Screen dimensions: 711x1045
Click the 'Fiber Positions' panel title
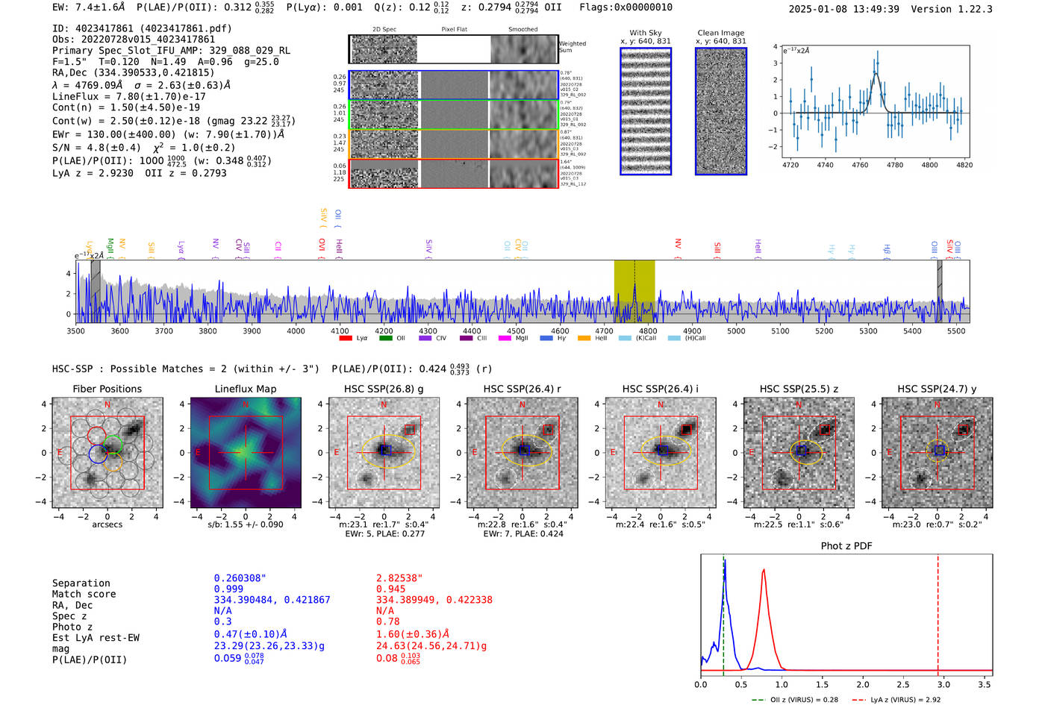click(x=107, y=389)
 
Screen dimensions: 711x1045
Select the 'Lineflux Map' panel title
click(x=245, y=389)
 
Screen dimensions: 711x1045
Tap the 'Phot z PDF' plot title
click(x=846, y=546)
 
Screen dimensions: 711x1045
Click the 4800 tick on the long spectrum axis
click(x=648, y=331)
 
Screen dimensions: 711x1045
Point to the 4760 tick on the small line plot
click(x=860, y=165)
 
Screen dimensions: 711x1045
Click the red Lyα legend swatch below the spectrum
click(x=346, y=338)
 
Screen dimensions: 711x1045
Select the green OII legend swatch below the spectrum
click(x=385, y=338)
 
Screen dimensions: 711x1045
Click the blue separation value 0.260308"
click(x=240, y=578)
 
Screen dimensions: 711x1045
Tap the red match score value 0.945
click(x=391, y=589)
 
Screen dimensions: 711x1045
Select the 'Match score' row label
click(x=84, y=594)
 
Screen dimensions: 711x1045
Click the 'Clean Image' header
click(x=720, y=33)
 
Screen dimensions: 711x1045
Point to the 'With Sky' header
click(x=645, y=33)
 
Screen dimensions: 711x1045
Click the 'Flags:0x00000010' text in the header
click(x=626, y=7)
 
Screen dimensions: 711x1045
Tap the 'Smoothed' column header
click(x=522, y=30)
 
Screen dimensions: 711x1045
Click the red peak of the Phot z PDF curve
click(x=764, y=571)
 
